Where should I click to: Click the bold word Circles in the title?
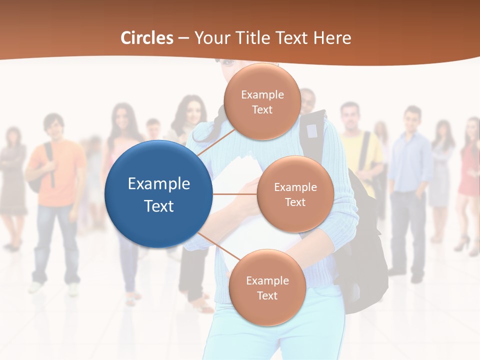(146, 38)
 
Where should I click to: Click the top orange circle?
(262, 102)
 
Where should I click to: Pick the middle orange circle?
(295, 194)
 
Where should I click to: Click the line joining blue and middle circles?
(235, 194)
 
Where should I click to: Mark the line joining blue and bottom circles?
(215, 247)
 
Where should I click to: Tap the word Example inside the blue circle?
(159, 183)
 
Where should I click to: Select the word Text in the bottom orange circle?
(267, 295)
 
